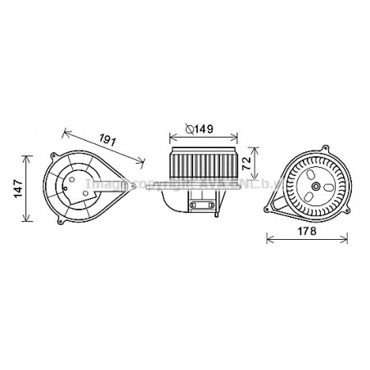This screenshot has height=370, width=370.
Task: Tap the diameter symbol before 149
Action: [190, 129]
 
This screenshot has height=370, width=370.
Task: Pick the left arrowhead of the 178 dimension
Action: [269, 238]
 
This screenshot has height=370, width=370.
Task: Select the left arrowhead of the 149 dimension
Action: [170, 136]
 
